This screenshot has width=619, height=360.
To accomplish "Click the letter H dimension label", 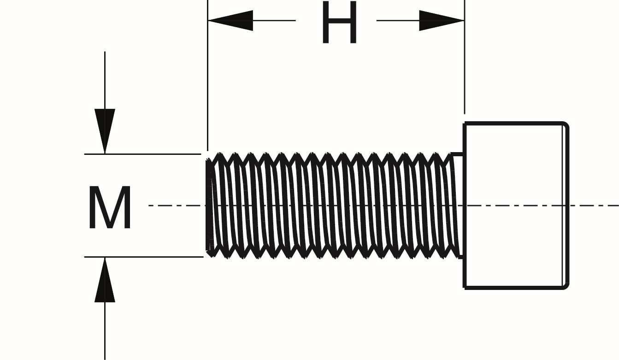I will (x=339, y=23).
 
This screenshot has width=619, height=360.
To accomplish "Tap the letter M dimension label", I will (x=110, y=208).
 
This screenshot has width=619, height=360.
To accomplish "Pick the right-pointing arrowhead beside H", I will (x=441, y=20).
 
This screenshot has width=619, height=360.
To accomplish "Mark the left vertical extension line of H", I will (x=208, y=83).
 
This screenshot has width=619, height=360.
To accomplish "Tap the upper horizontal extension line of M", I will (x=143, y=154).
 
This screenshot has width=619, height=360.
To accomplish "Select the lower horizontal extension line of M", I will (x=143, y=257).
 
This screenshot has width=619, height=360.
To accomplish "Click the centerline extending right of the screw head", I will (x=595, y=206).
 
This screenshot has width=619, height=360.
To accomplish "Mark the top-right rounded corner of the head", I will (x=566, y=125).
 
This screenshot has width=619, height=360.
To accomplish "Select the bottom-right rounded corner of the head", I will (x=566, y=286).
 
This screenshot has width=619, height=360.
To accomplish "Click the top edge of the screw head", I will (x=514, y=123).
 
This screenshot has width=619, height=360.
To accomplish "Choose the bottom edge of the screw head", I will (x=514, y=288).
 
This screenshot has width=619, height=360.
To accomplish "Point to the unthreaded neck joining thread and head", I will (x=458, y=205).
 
